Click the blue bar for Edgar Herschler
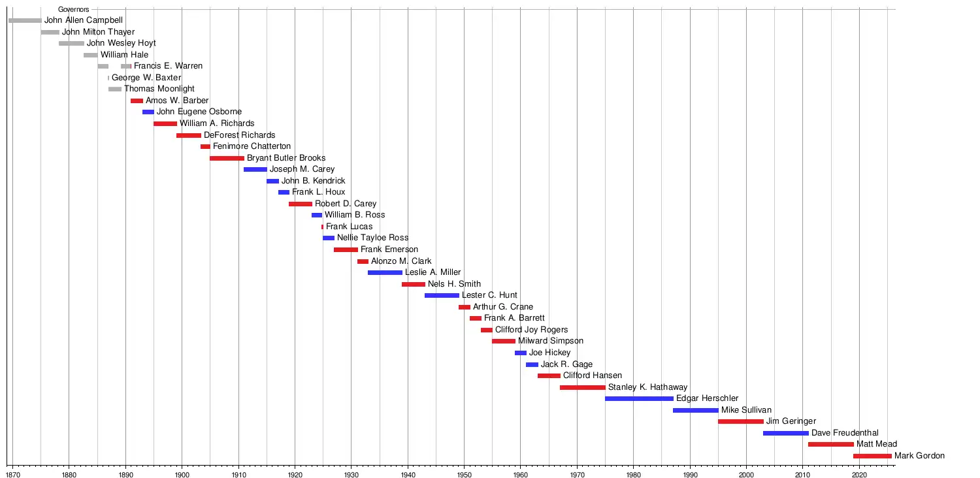(639, 398)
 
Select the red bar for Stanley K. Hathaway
(582, 387)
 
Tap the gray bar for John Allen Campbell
(25, 20)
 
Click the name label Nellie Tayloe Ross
(372, 238)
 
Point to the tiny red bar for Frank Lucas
(322, 227)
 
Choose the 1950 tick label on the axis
(464, 468)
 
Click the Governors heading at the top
(73, 10)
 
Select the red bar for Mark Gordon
(872, 456)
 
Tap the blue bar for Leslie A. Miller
(385, 272)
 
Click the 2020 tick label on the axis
(860, 468)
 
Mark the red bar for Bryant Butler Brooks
(227, 158)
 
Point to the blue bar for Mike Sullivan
(695, 410)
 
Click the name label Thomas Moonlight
(159, 89)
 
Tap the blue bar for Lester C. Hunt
(442, 295)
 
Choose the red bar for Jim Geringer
(740, 421)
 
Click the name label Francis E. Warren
(168, 66)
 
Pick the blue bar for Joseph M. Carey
(255, 169)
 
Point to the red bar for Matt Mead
(830, 444)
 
